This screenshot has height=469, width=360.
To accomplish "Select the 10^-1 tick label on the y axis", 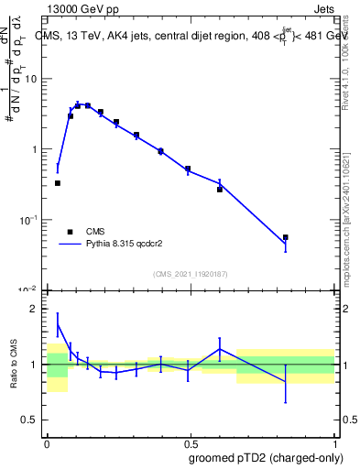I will (x=28, y=220).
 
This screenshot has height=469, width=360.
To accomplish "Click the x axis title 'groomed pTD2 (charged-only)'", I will (x=265, y=457).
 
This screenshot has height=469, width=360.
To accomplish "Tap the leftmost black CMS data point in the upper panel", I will (x=58, y=183).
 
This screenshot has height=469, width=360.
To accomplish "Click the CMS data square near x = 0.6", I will (x=220, y=189).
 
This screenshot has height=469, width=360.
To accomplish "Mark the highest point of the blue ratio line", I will (x=58, y=322).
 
